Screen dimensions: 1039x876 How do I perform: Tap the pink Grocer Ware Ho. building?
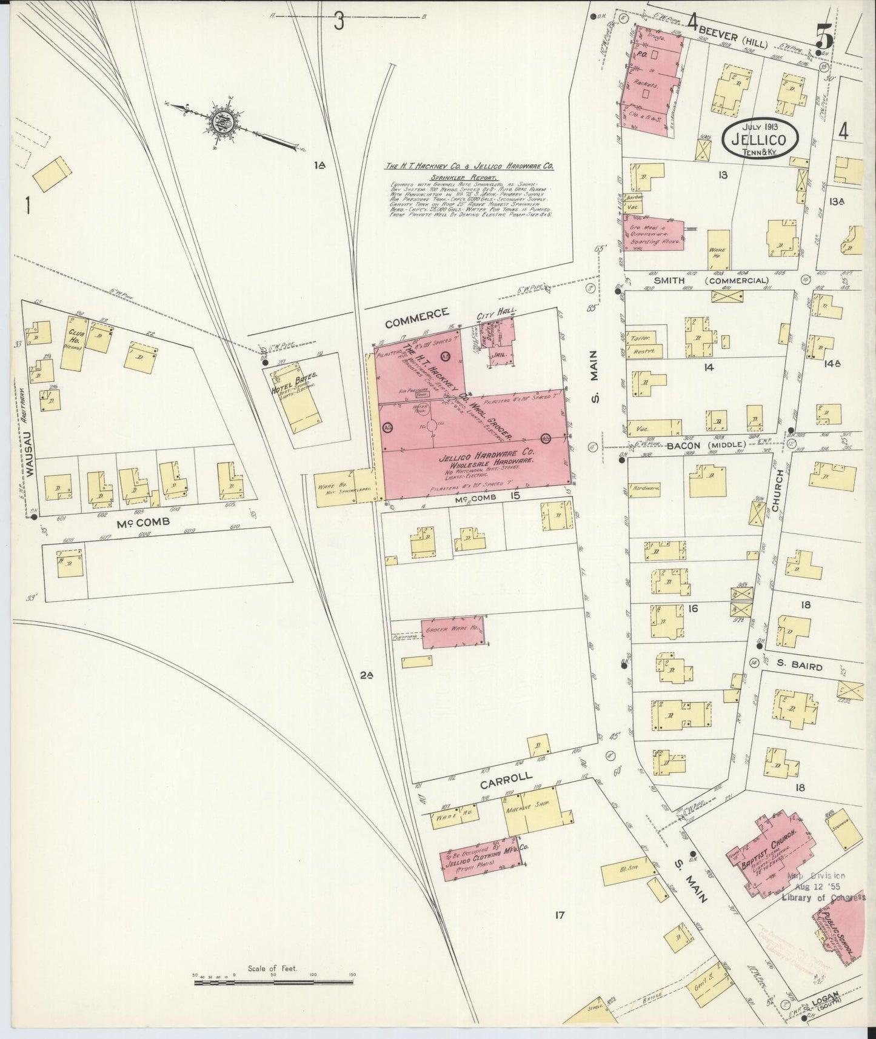click(x=452, y=631)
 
